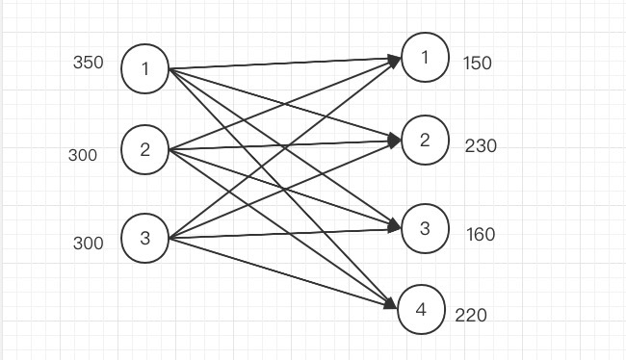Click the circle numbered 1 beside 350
(145, 68)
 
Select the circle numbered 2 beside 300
(145, 150)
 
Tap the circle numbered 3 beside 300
(145, 238)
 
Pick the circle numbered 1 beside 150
(425, 59)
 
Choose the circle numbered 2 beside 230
(425, 141)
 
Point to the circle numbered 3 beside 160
(425, 228)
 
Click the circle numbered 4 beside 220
(419, 309)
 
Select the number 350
(88, 64)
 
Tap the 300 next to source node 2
(83, 155)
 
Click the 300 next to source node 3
(88, 244)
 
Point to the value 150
(477, 64)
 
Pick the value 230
(481, 146)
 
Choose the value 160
(481, 234)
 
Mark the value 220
(471, 315)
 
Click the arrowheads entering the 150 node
(395, 61)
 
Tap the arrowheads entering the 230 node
(395, 141)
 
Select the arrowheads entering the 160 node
(395, 227)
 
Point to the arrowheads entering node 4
(390, 305)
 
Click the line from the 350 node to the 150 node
(284, 64)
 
